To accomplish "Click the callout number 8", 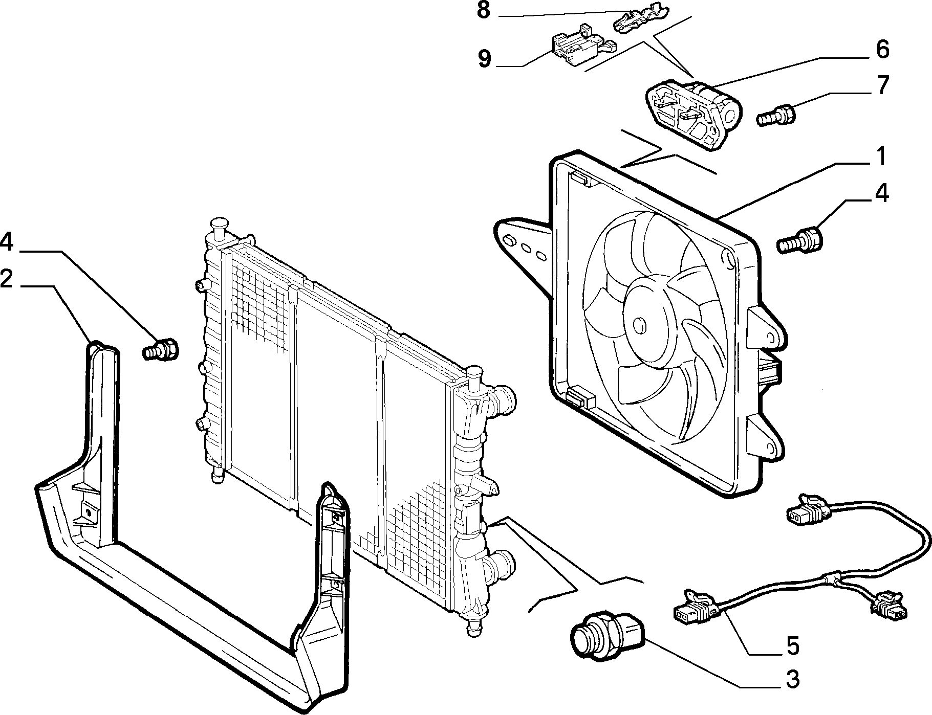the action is (484, 11).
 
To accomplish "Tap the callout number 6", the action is (882, 50).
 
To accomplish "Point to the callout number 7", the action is (882, 85).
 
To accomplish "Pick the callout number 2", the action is (7, 279).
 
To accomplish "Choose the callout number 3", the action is (792, 680).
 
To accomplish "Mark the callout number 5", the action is (792, 646).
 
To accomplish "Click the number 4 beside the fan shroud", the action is (881, 194).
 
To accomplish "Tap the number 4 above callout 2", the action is (7, 242).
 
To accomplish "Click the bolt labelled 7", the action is (775, 114).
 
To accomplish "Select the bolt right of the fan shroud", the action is (800, 240).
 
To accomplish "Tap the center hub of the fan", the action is (639, 324).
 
